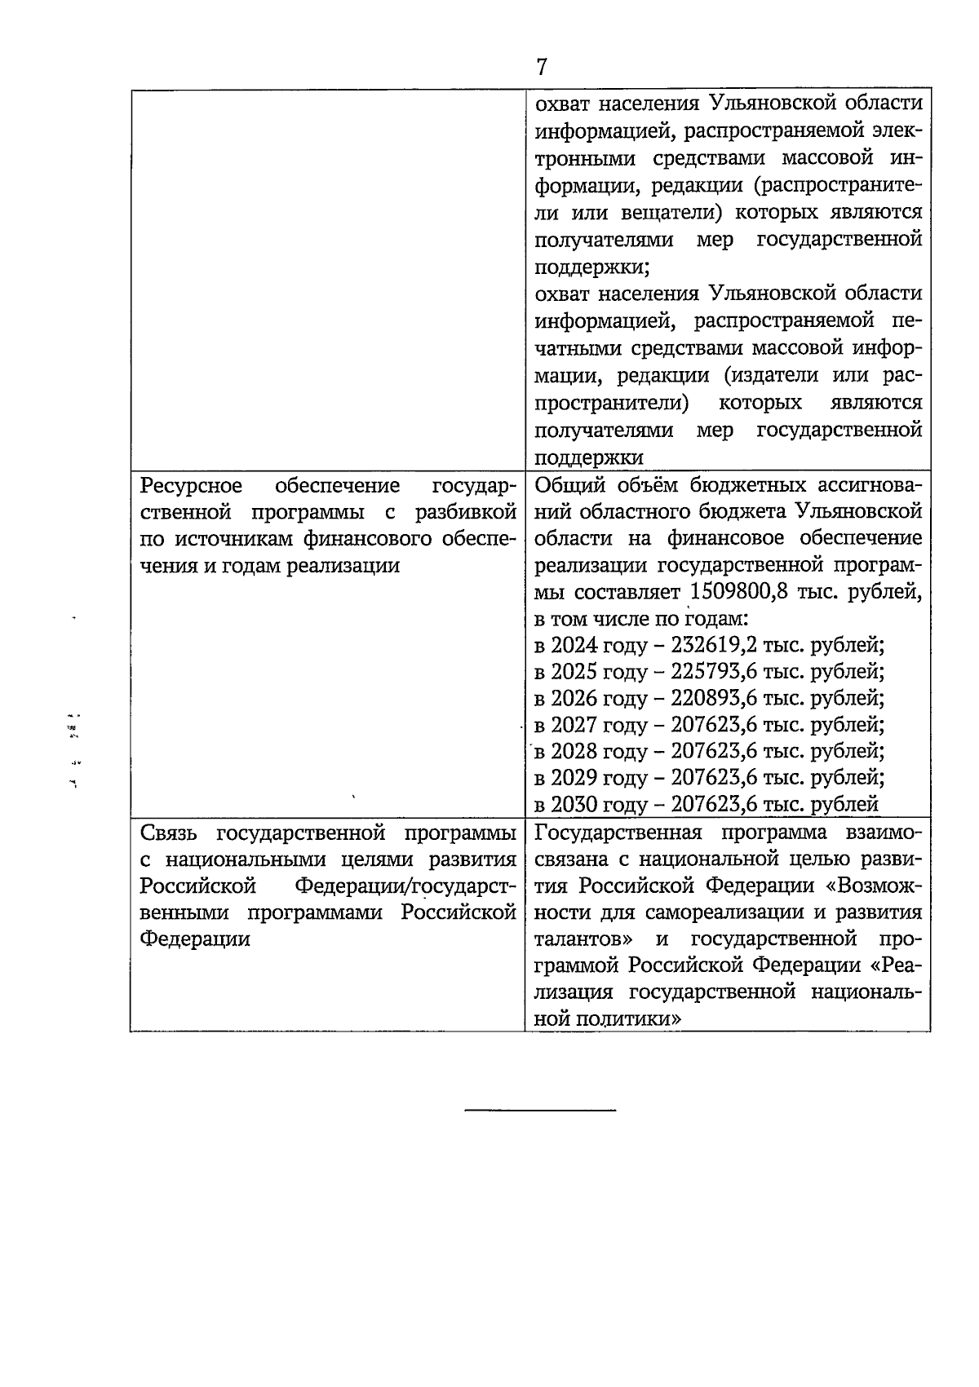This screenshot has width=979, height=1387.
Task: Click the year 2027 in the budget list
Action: click(574, 725)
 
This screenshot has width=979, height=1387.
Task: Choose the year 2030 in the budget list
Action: click(574, 805)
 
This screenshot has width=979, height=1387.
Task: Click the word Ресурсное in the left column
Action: click(192, 486)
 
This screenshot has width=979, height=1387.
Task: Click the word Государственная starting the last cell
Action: click(619, 833)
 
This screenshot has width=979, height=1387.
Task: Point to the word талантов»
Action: click(583, 939)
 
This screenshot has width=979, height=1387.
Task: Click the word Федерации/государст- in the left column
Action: click(405, 886)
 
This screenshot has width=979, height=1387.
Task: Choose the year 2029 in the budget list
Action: click(574, 778)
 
